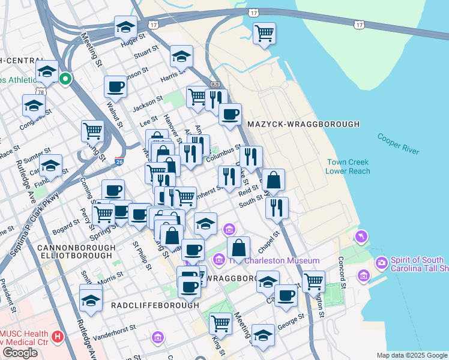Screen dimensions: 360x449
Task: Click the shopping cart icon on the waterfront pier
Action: click(x=264, y=33)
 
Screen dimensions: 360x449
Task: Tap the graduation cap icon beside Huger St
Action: click(x=126, y=27)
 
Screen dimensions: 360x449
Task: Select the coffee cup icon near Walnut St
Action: click(x=115, y=86)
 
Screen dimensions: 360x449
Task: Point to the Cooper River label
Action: click(x=398, y=144)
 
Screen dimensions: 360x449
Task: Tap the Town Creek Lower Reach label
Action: click(x=348, y=167)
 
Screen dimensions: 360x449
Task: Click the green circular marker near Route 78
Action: click(x=65, y=78)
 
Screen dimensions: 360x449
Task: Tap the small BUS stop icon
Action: click(x=215, y=85)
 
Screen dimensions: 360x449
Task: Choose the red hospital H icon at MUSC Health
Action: click(x=58, y=337)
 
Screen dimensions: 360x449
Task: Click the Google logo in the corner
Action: click(x=20, y=352)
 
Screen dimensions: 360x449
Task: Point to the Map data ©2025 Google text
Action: click(x=412, y=355)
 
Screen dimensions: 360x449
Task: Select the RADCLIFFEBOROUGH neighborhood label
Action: click(x=154, y=305)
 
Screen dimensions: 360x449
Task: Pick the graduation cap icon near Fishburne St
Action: click(x=50, y=165)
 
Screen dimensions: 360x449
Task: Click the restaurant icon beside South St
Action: click(x=276, y=207)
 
